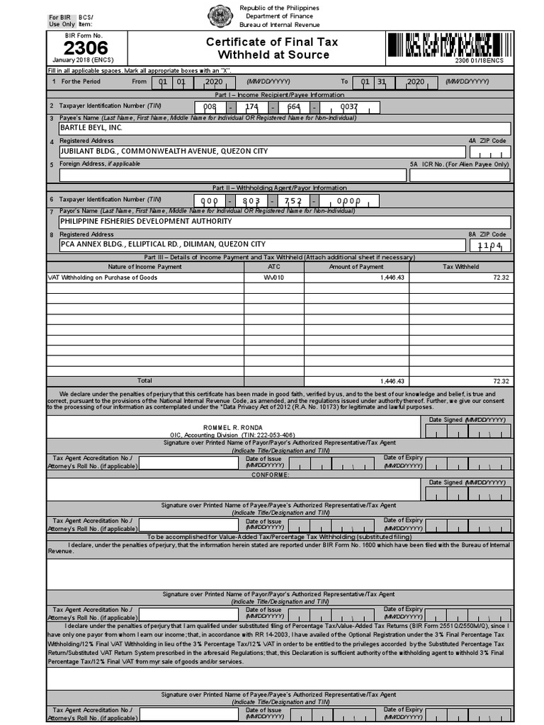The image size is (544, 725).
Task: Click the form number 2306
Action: [86, 48]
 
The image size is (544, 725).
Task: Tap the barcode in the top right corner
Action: [448, 47]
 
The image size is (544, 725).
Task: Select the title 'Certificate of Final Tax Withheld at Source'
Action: [272, 48]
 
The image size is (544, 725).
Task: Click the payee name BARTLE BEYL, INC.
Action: [91, 127]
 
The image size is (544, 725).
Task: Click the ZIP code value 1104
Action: [489, 245]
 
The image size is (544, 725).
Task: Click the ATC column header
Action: [273, 267]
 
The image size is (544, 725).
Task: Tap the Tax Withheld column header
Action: [460, 267]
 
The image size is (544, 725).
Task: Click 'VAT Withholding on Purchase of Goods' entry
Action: [102, 278]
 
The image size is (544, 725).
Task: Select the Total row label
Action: [144, 381]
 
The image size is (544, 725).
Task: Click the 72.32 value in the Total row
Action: [501, 381]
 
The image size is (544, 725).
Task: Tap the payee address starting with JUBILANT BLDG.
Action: [164, 152]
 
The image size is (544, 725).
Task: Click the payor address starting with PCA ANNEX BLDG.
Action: [162, 244]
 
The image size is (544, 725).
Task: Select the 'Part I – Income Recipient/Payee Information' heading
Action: [279, 94]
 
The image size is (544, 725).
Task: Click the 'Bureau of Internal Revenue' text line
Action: [279, 25]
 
